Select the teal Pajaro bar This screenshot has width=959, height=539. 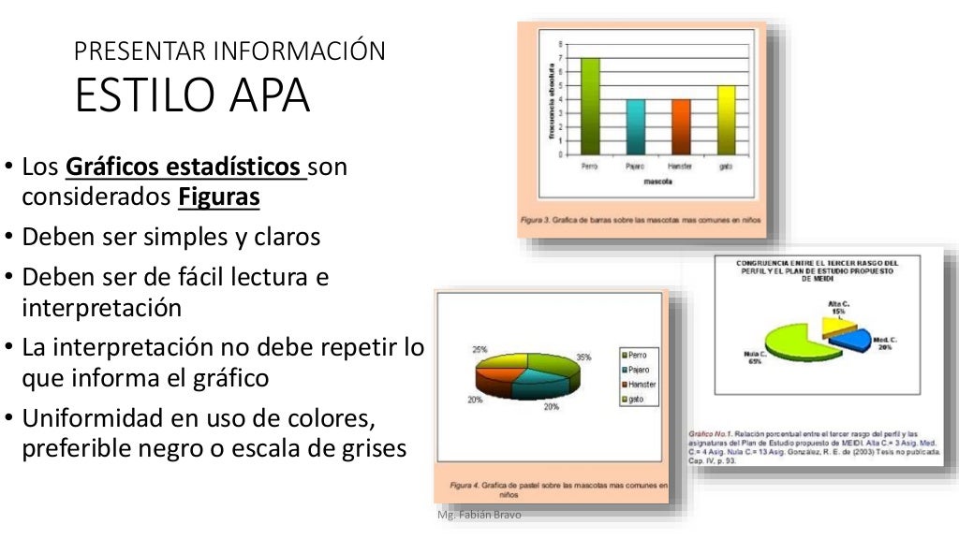click(635, 126)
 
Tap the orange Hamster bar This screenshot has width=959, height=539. click(681, 126)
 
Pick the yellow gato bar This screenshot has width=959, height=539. click(726, 120)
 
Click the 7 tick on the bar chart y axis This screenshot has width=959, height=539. click(562, 58)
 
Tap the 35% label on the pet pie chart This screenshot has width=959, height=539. click(583, 357)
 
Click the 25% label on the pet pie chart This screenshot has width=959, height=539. click(479, 349)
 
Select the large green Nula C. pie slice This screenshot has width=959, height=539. click(795, 343)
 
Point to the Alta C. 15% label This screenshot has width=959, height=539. click(839, 308)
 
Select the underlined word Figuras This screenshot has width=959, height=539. click(218, 198)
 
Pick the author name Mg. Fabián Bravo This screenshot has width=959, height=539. click(479, 516)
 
